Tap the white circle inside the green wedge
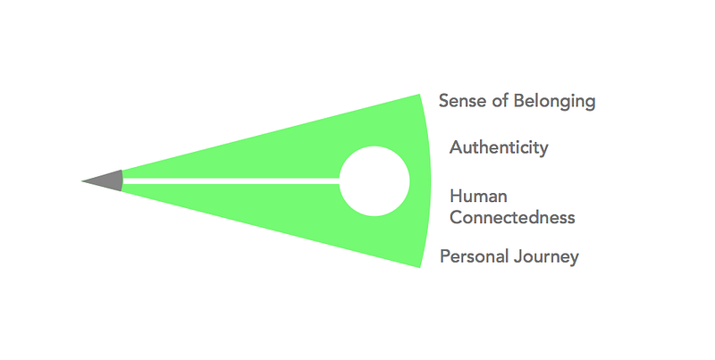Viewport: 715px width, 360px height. (375, 181)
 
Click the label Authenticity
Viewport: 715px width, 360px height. (499, 147)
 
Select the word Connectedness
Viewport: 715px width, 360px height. (512, 217)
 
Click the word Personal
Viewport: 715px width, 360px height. (474, 257)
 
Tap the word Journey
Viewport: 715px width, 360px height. (546, 257)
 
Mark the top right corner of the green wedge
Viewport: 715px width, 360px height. (418, 96)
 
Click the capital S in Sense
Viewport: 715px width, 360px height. (444, 101)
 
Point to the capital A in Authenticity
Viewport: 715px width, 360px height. (456, 147)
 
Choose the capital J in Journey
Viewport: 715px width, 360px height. (516, 257)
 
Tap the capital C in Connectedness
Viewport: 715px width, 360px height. (456, 217)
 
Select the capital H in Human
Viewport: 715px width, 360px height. (456, 196)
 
